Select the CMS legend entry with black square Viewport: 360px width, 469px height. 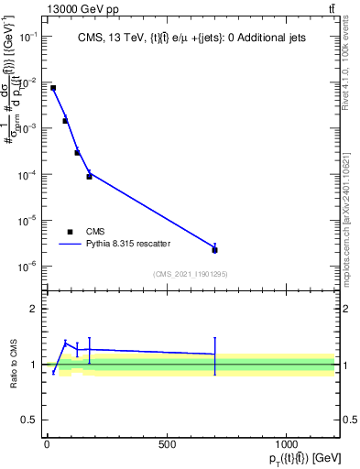point(71,232)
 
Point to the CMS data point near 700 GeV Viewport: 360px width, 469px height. point(214,249)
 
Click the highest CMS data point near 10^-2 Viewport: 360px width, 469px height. point(53,88)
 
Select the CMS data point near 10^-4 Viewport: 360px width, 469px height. point(89,176)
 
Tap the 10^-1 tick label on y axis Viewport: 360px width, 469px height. point(27,36)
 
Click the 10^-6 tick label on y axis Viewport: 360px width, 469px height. point(27,267)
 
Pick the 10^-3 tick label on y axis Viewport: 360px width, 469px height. point(27,128)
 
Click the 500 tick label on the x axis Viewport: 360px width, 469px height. point(167,443)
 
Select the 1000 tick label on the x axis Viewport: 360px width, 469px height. point(287,443)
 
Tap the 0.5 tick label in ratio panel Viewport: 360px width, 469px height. point(27,420)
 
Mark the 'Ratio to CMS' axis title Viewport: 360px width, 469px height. point(12,365)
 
